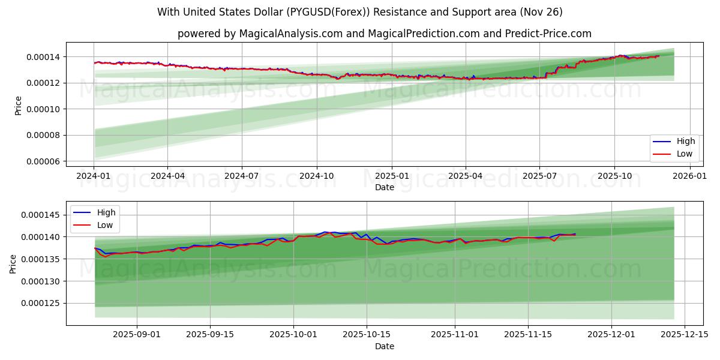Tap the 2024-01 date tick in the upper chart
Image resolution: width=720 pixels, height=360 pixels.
[x=94, y=176]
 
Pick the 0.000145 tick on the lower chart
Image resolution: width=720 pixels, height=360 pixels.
[x=41, y=215]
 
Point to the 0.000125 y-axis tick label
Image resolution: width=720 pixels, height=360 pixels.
[x=41, y=304]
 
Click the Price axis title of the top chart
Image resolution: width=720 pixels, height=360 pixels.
[x=18, y=106]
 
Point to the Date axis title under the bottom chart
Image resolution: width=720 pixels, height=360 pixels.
[x=385, y=346]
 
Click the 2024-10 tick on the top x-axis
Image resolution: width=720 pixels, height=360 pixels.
[x=317, y=176]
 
